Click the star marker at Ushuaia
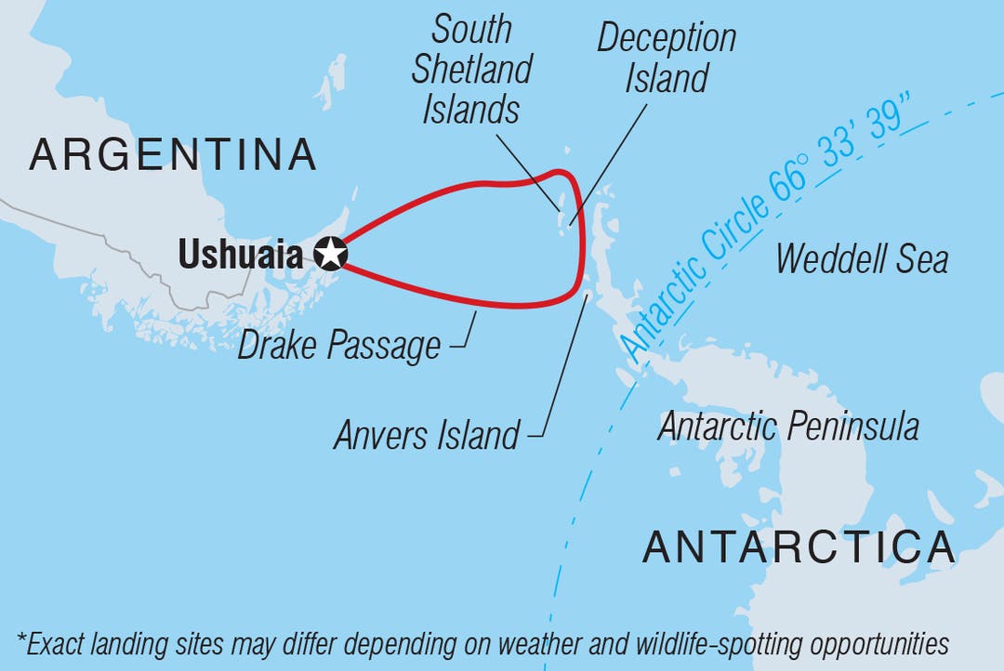tap(330, 253)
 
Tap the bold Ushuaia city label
tap(241, 254)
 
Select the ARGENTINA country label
tap(173, 154)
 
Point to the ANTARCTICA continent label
tap(799, 546)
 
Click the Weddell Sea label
tap(862, 257)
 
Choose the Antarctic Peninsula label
tap(788, 427)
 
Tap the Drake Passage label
tap(339, 346)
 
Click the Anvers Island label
tap(427, 434)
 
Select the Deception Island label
tap(667, 58)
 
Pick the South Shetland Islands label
tap(471, 70)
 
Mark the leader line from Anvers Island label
tap(562, 367)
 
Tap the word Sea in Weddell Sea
tap(918, 257)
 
